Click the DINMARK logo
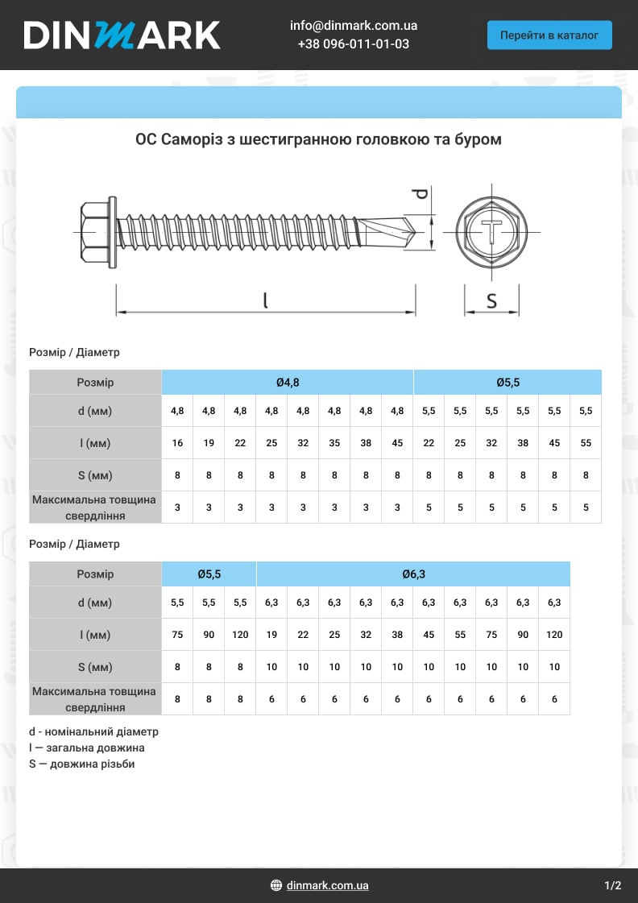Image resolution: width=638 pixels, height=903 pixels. (x=122, y=35)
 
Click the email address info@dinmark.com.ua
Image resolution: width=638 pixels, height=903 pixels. (x=354, y=25)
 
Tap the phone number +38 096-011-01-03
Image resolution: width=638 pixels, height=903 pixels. (x=354, y=43)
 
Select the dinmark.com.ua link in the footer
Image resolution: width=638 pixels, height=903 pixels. (x=327, y=885)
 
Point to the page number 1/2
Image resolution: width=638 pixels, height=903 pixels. (x=613, y=885)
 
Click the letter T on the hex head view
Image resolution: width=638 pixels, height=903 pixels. (x=491, y=231)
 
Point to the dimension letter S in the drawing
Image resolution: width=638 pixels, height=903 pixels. (x=491, y=300)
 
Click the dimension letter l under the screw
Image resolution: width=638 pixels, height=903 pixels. (x=266, y=300)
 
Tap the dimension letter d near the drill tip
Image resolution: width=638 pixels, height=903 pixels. (x=421, y=193)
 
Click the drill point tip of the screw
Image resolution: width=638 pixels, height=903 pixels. (x=415, y=231)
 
